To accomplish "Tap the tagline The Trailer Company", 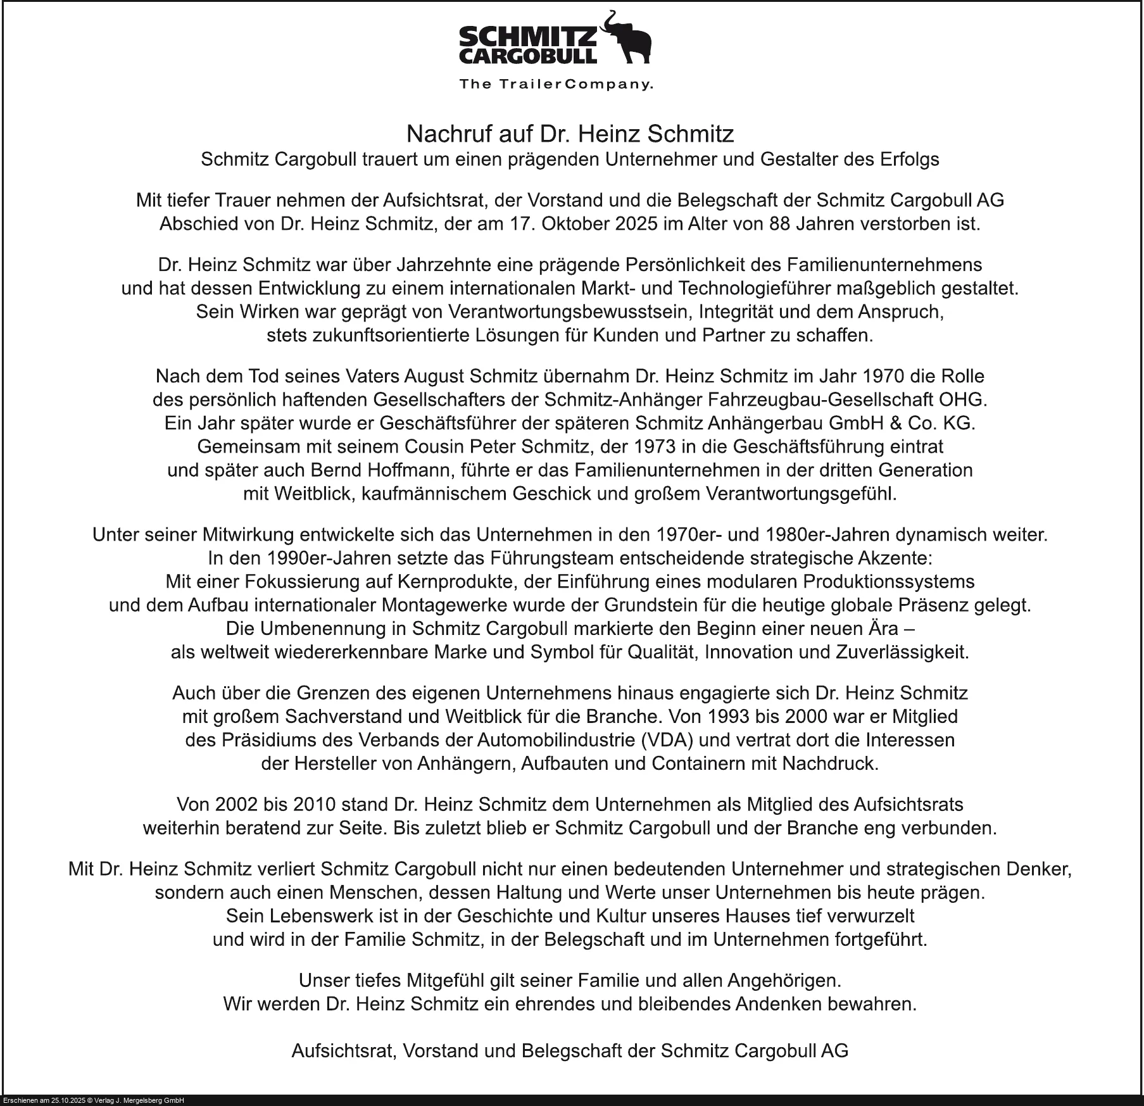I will [x=555, y=84].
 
